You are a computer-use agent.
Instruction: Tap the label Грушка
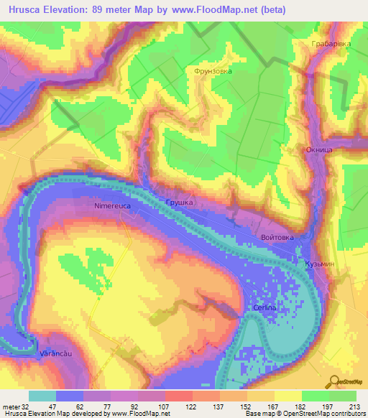(x=179, y=203)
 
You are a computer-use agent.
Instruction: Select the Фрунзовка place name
(x=208, y=72)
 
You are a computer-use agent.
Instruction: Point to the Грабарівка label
(x=331, y=44)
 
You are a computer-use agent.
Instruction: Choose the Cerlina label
(x=265, y=307)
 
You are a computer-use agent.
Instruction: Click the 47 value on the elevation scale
(x=52, y=406)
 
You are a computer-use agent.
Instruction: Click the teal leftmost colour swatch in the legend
(x=42, y=396)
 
